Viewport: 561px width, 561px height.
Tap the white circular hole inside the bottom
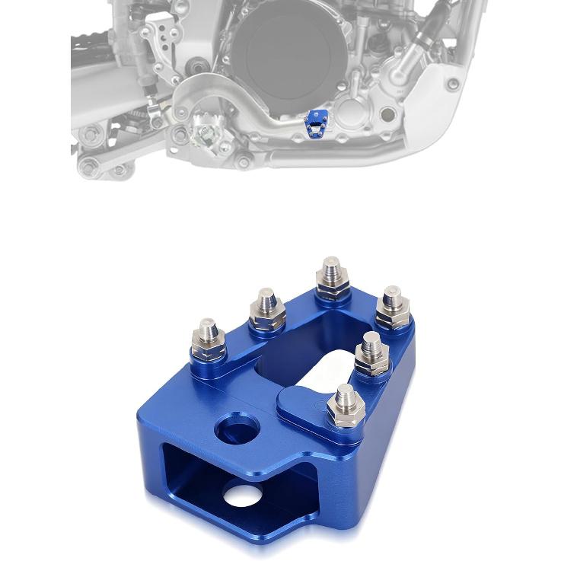click(244, 497)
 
